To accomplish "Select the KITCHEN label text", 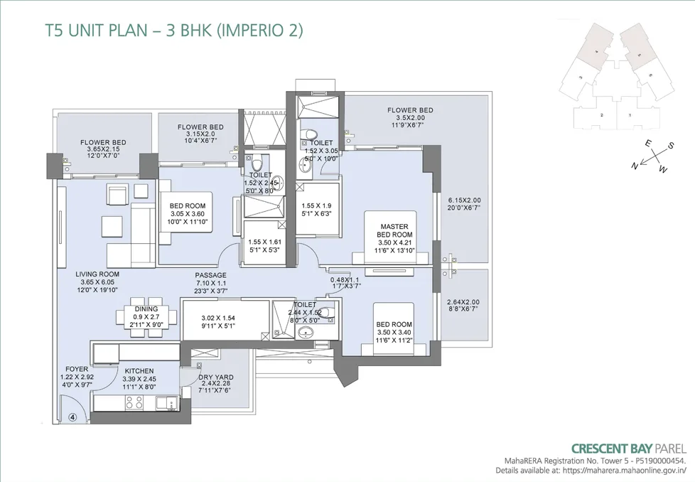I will pyautogui.click(x=139, y=371).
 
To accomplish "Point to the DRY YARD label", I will pyautogui.click(x=215, y=377).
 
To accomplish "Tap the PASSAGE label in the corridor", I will pyautogui.click(x=211, y=275).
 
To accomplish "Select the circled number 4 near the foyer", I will pyautogui.click(x=72, y=417).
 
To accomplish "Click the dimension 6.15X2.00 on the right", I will pyautogui.click(x=464, y=200).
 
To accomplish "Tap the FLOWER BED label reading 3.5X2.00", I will pyautogui.click(x=410, y=110).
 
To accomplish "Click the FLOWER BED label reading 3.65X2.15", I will pyautogui.click(x=103, y=141).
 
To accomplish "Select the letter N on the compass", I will pyautogui.click(x=633, y=166).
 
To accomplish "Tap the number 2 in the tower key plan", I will pyautogui.click(x=601, y=114).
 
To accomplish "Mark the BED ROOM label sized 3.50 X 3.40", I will pyautogui.click(x=394, y=324).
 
